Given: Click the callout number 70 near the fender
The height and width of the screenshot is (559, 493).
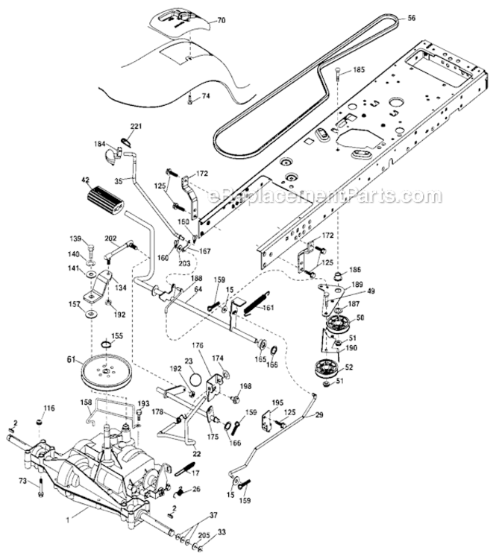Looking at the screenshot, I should tap(220, 22).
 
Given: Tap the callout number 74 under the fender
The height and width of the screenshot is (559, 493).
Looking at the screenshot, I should tap(205, 97).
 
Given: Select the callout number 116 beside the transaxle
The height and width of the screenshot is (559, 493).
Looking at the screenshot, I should tap(49, 408).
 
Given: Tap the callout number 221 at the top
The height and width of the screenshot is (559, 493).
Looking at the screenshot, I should tap(136, 126).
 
